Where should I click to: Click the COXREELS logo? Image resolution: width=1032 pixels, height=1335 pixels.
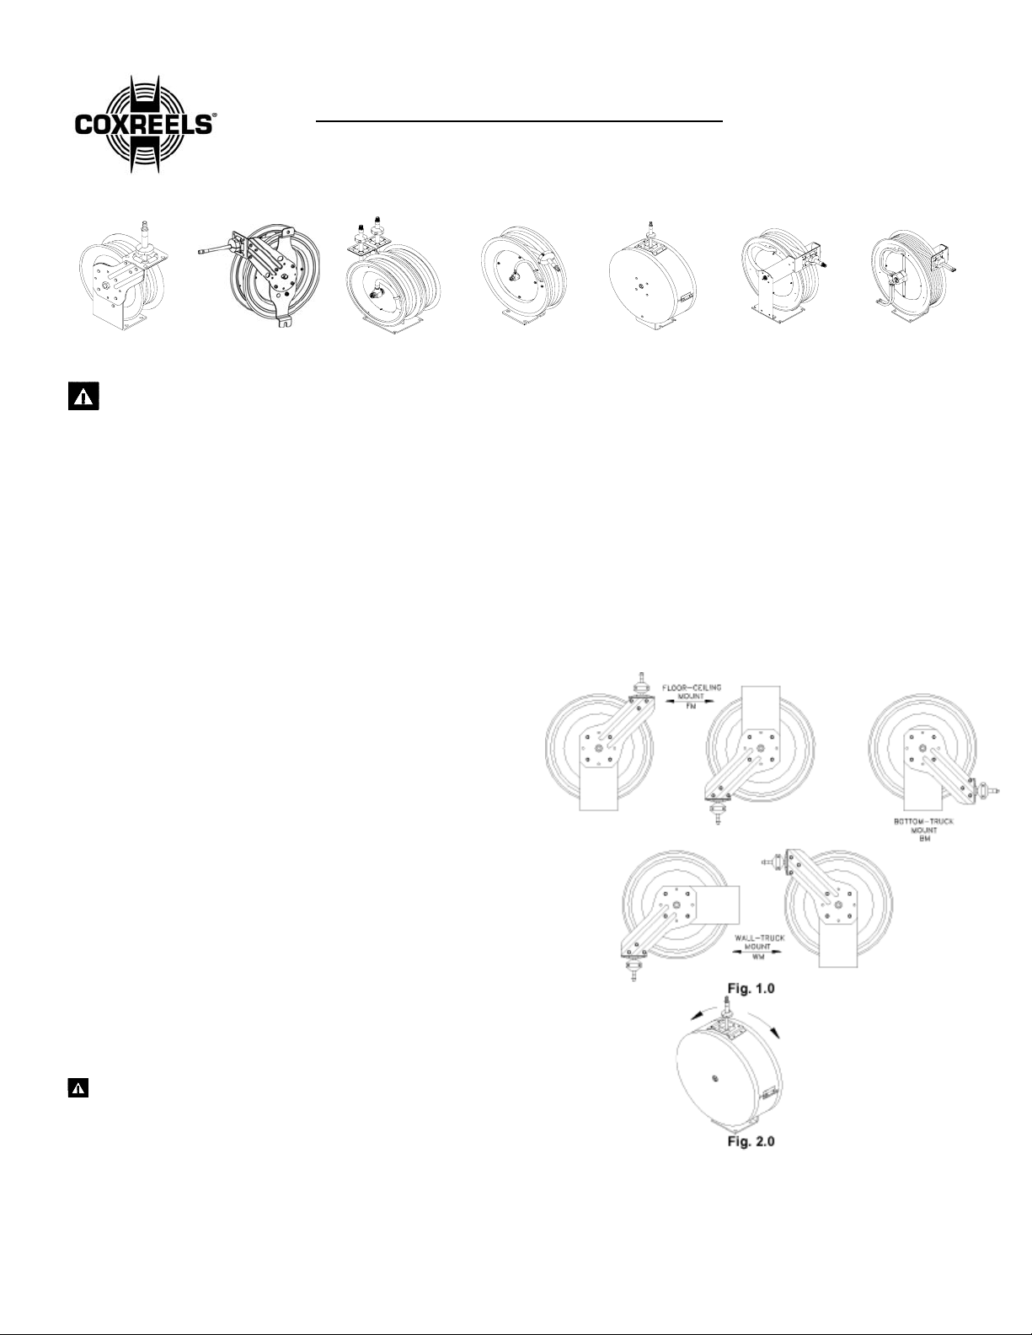pos(144,125)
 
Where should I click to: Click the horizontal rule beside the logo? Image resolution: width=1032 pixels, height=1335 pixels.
pos(519,121)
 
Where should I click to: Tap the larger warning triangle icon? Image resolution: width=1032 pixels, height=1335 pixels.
pos(83,397)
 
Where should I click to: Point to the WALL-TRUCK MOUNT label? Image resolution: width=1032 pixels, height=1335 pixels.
pos(759,943)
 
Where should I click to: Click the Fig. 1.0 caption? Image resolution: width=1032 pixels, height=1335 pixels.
pos(751,989)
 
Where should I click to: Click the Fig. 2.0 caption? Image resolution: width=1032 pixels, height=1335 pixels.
pos(751,1141)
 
